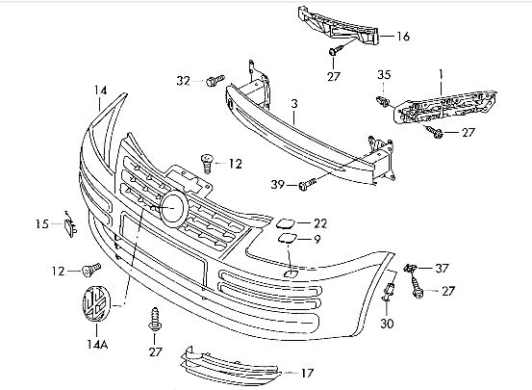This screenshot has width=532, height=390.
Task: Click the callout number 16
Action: coord(403,36)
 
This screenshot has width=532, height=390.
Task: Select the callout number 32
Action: coord(183,81)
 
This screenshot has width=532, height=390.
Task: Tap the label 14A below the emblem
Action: coord(97,344)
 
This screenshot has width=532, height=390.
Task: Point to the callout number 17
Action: coord(307,373)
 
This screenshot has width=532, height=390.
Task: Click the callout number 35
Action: coord(384,74)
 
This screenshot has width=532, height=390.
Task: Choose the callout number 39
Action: coord(277,185)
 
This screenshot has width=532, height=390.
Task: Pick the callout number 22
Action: coord(320,223)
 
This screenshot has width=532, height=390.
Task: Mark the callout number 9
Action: coord(317,239)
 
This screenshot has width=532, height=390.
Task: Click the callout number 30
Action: coord(387,324)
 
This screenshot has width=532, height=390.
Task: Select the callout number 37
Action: coord(442,269)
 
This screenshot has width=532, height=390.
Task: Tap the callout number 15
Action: coord(42,224)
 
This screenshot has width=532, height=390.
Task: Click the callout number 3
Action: coord(294,104)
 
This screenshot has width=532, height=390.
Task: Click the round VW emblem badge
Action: coord(97,303)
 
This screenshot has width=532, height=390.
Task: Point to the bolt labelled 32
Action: coord(215,80)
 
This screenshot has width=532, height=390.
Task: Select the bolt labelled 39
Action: coord(307,184)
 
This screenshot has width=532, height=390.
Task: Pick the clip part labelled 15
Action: coord(70,225)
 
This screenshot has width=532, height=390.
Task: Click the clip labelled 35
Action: coord(384,101)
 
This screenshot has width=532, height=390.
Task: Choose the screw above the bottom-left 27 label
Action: coord(155,320)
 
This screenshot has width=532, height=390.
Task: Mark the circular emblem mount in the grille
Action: coord(174,208)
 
